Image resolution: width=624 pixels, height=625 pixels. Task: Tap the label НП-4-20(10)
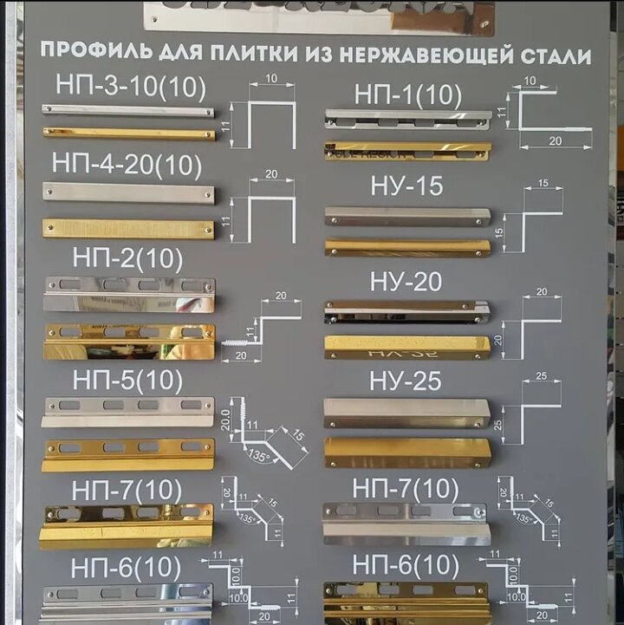pyautogui.click(x=127, y=163)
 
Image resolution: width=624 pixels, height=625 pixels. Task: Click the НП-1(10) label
pyautogui.click(x=407, y=95)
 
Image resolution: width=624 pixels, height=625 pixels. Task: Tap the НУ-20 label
pyautogui.click(x=406, y=282)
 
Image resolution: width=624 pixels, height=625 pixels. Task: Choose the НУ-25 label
pyautogui.click(x=406, y=381)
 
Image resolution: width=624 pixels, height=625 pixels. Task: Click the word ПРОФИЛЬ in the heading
pyautogui.click(x=94, y=52)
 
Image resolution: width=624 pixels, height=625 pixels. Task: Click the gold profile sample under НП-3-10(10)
pyautogui.click(x=128, y=133)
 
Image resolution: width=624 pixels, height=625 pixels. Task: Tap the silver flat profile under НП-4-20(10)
pyautogui.click(x=128, y=193)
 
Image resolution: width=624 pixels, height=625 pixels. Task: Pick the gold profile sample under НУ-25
pyautogui.click(x=406, y=451)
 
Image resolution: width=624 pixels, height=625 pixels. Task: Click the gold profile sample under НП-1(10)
pyautogui.click(x=406, y=151)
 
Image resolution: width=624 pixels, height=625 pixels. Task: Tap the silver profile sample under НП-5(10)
pyautogui.click(x=128, y=412)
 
